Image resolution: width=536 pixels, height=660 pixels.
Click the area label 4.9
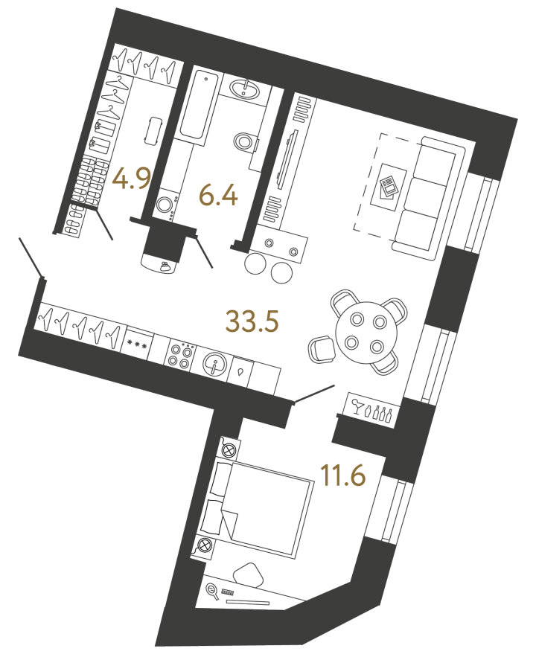[x=131, y=179]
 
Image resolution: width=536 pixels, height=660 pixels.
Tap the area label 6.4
[x=219, y=196]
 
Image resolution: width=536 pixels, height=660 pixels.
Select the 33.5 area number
[x=252, y=321]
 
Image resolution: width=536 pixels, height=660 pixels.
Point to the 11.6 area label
[x=343, y=475]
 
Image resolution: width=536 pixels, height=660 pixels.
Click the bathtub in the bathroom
[x=199, y=105]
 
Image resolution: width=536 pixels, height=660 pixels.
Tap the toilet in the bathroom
[x=245, y=141]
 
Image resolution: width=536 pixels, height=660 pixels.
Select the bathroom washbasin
[x=245, y=89]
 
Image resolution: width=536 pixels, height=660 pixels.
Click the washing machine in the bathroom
[x=165, y=206]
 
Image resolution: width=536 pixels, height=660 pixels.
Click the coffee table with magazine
[x=389, y=187]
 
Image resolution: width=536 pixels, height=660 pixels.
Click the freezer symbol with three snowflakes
[x=138, y=346]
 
